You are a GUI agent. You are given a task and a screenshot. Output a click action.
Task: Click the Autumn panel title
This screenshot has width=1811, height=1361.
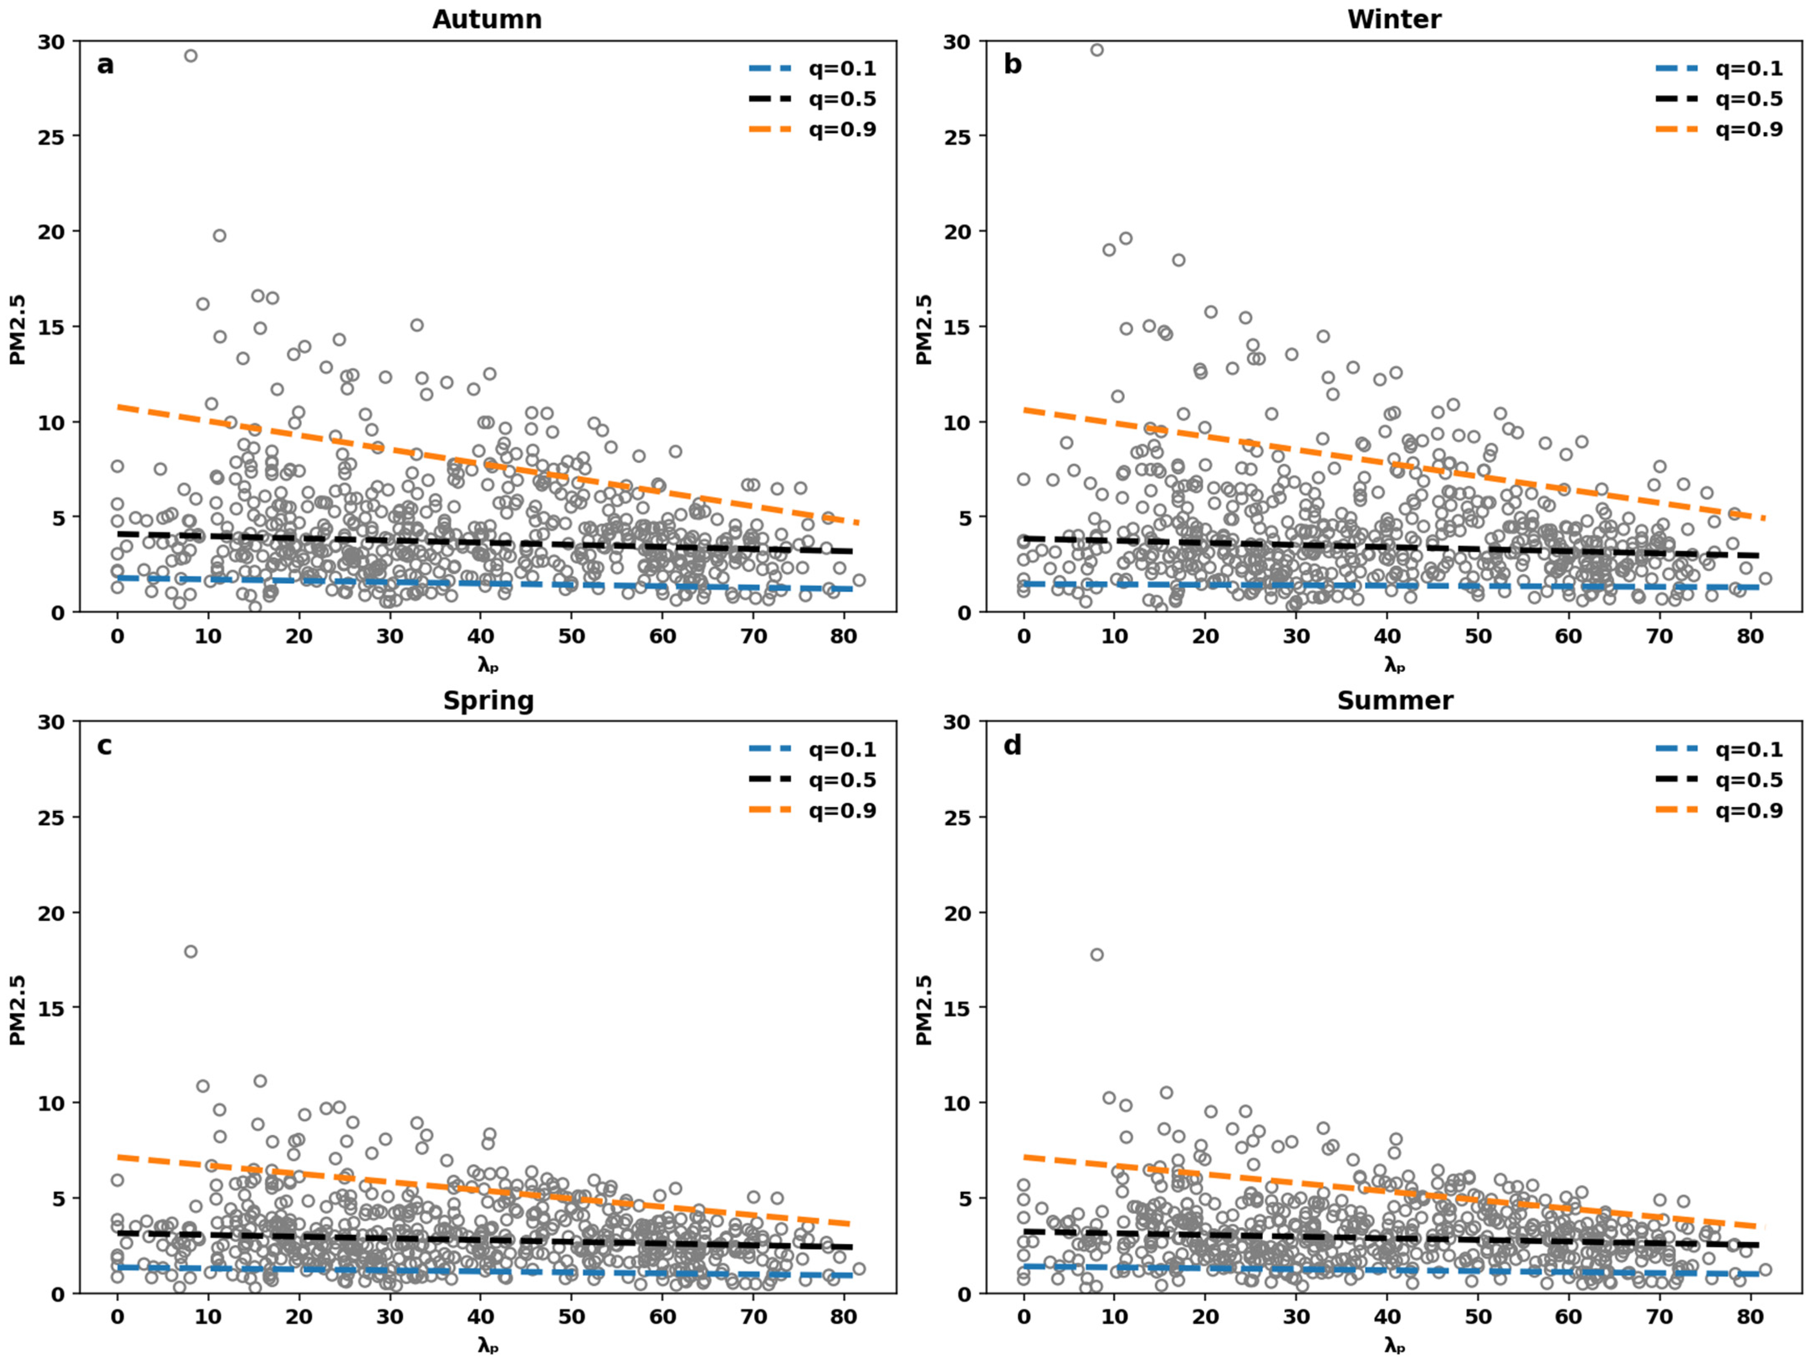[x=487, y=19]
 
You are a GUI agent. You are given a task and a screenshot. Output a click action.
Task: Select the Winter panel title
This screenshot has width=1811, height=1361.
[x=1394, y=19]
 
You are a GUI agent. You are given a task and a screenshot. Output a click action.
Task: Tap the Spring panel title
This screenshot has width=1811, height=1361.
[x=489, y=700]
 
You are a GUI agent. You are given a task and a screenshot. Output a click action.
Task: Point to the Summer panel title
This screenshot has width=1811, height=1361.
[x=1395, y=700]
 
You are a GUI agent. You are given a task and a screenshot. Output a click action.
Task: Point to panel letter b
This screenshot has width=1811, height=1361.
[x=1013, y=64]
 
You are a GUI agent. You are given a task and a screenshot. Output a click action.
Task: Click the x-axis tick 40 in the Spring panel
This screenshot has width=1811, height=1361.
[x=480, y=1317]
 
